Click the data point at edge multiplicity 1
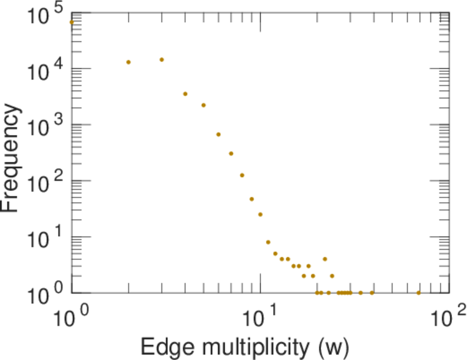point(71,22)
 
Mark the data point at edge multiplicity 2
point(128,62)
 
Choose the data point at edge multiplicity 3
point(161,59)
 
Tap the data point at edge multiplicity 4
point(185,94)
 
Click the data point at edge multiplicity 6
point(218,134)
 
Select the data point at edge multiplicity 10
point(261,214)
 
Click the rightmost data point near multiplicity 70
point(419,293)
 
